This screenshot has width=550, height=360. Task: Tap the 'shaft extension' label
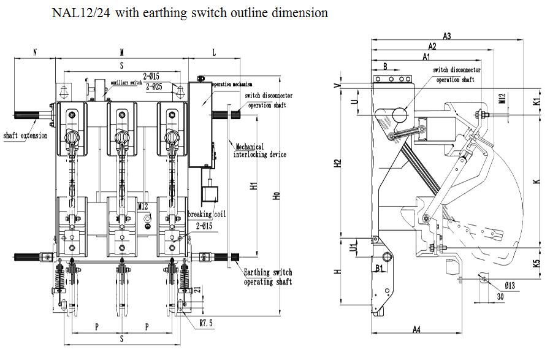[x=25, y=135]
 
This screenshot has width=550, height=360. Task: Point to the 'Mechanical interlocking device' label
[x=259, y=151]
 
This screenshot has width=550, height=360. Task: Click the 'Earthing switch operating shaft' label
[x=267, y=277]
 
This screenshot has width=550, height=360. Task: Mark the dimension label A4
[x=416, y=330]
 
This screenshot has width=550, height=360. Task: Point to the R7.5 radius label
[x=206, y=321]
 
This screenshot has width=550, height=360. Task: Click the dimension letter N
[x=35, y=53]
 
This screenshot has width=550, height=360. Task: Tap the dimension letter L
[x=214, y=53]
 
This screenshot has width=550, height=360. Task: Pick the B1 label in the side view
[x=379, y=267]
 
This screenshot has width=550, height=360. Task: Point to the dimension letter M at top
[x=122, y=53]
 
